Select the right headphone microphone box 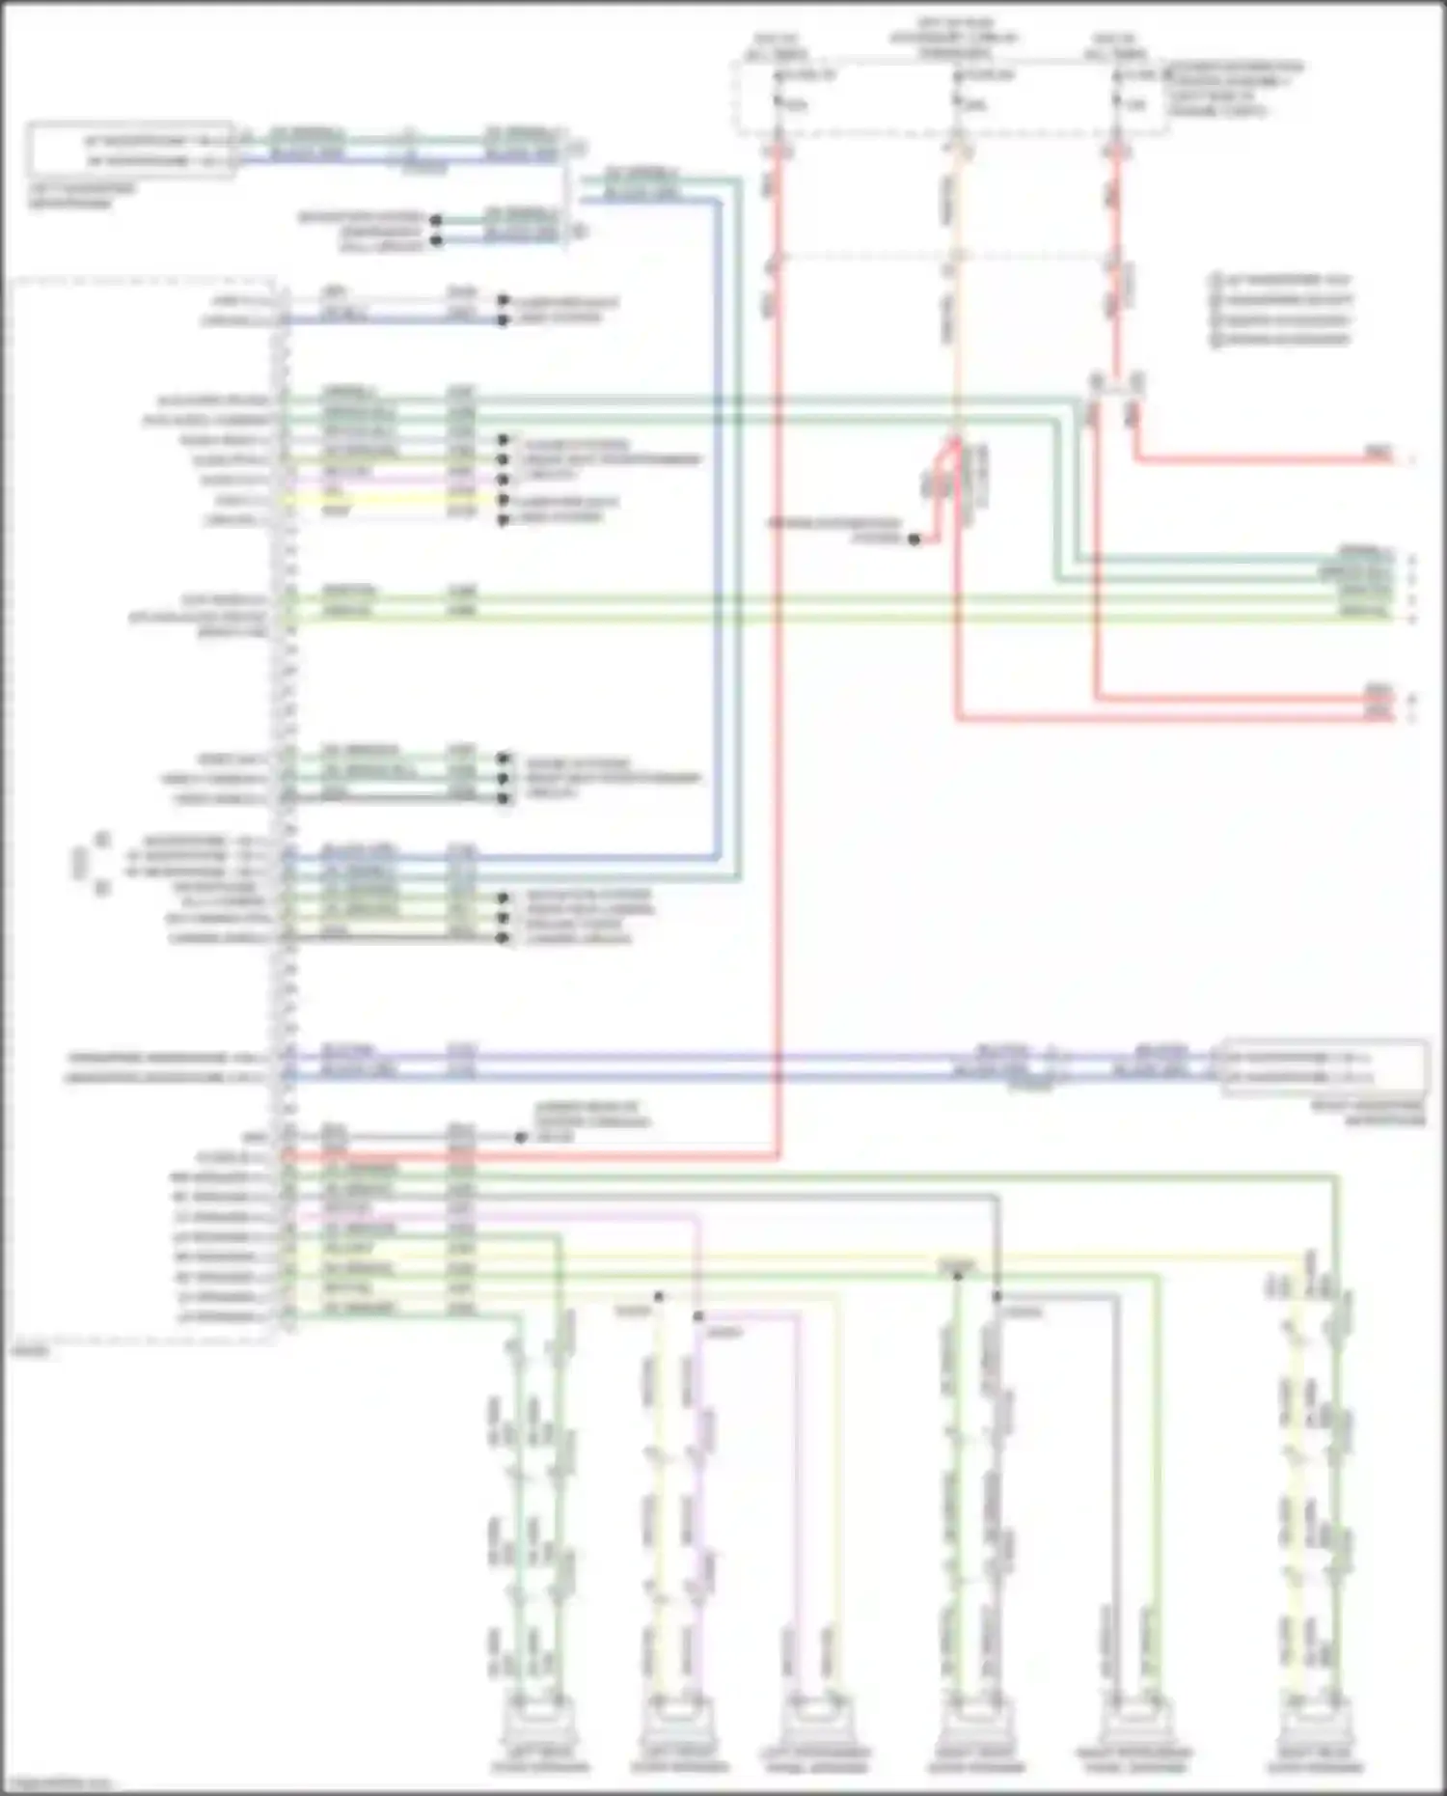[x=1325, y=1067]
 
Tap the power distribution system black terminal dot [x=914, y=539]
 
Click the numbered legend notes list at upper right [x=1281, y=310]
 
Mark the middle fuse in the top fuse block [x=956, y=101]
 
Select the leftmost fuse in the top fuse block [x=778, y=101]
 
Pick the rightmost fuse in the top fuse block [x=1116, y=101]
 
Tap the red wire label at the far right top [x=1378, y=453]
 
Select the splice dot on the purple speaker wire [x=697, y=1316]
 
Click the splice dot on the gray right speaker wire [x=997, y=1296]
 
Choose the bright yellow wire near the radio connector [x=386, y=501]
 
